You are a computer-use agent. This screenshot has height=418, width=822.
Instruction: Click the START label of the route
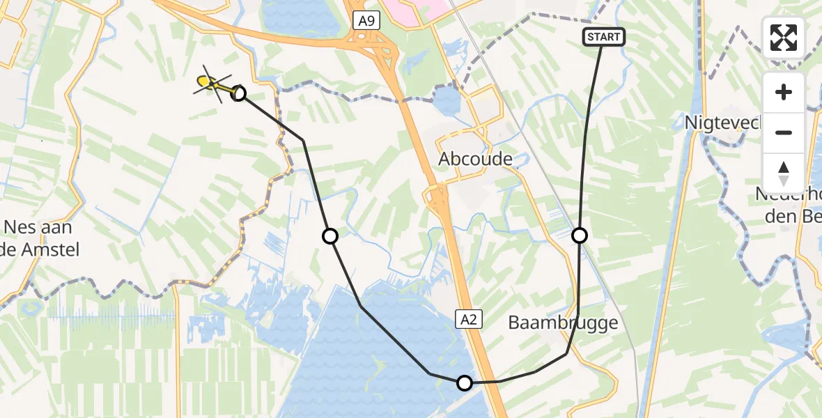point(604,37)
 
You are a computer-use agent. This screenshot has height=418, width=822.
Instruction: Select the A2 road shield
point(469,319)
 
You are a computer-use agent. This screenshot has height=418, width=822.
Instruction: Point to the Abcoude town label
point(475,160)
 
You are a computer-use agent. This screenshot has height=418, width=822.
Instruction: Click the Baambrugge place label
point(563,323)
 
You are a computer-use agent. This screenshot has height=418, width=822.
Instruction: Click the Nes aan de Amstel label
point(38,238)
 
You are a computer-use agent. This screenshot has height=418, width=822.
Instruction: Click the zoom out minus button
point(784,133)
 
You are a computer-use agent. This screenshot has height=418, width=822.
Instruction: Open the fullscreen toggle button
point(784,38)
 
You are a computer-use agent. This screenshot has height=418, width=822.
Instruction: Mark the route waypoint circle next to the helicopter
point(238,93)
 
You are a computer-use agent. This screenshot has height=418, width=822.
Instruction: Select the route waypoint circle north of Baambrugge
point(580,235)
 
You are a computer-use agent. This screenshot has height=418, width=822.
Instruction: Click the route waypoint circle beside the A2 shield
point(465,382)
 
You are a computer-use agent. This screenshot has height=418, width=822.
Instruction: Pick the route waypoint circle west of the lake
point(330,236)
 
